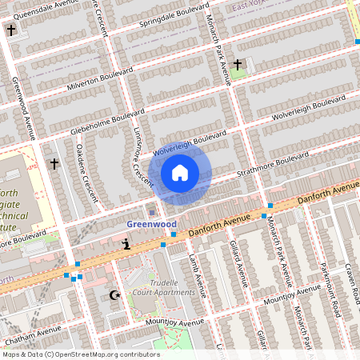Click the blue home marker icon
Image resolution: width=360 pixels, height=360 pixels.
180,172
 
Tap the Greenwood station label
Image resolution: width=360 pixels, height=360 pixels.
151,225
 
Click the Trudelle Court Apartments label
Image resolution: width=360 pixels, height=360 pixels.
165,287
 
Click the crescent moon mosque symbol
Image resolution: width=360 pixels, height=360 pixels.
114,296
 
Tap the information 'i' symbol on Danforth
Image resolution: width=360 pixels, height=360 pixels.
126,243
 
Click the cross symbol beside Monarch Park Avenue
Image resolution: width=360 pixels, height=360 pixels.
238,64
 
